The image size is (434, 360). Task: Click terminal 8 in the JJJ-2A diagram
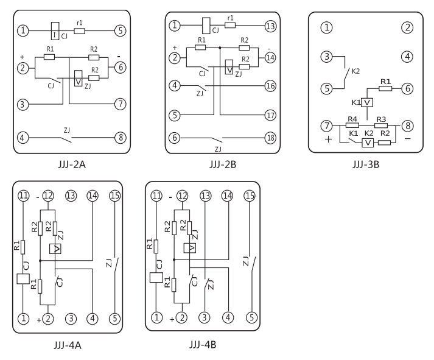point(121,136)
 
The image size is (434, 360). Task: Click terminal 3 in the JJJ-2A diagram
point(23,105)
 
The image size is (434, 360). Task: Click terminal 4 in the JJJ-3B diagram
point(407,57)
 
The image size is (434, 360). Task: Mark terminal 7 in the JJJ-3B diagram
point(327,125)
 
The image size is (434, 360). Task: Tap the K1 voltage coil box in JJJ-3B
point(367,102)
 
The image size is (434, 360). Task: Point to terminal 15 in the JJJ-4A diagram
point(114,196)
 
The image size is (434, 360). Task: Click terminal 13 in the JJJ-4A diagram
point(71,196)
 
